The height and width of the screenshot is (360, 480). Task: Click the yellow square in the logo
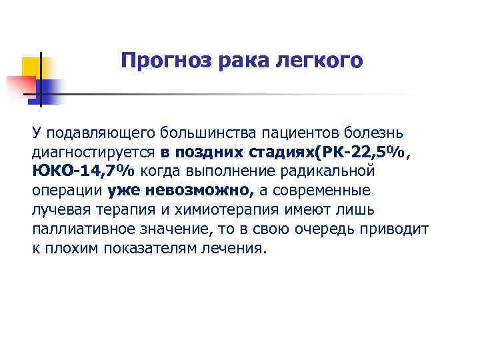point(31,67)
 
